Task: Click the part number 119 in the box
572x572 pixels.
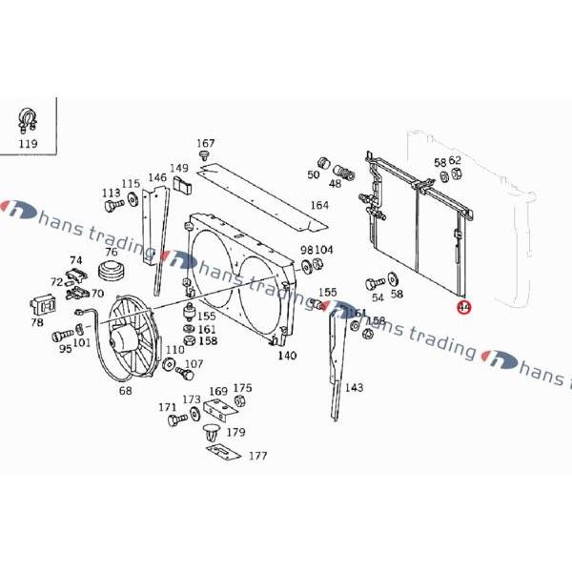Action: pyautogui.click(x=28, y=144)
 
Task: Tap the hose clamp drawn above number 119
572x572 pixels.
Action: pyautogui.click(x=28, y=121)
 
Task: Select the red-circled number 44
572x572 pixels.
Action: pyautogui.click(x=463, y=307)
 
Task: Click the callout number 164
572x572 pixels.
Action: pyautogui.click(x=319, y=205)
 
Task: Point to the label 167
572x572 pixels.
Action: pyautogui.click(x=206, y=144)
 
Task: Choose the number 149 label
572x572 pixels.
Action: pyautogui.click(x=179, y=169)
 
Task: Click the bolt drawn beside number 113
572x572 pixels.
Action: pyautogui.click(x=113, y=205)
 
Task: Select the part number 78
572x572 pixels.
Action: pyautogui.click(x=37, y=322)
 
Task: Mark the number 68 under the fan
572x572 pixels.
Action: pyautogui.click(x=125, y=390)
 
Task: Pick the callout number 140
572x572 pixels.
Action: pyautogui.click(x=286, y=356)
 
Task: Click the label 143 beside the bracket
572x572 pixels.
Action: pyautogui.click(x=354, y=387)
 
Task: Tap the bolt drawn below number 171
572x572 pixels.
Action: pyautogui.click(x=174, y=419)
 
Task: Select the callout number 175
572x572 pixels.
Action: pyautogui.click(x=243, y=388)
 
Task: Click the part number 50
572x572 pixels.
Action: pyautogui.click(x=314, y=174)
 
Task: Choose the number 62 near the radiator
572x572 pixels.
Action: pyautogui.click(x=455, y=161)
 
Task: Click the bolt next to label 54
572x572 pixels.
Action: pyautogui.click(x=373, y=283)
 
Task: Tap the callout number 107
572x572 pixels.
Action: pyautogui.click(x=194, y=363)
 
